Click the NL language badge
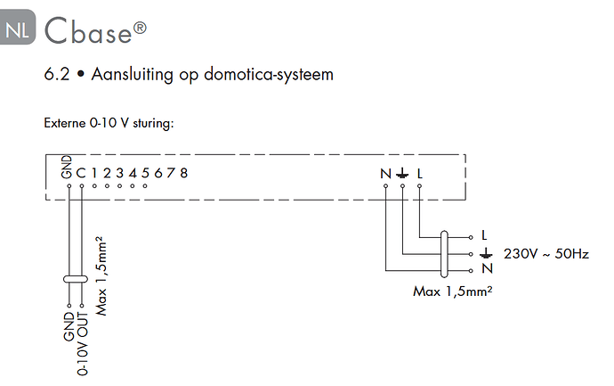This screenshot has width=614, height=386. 18,27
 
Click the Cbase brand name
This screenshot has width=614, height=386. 95,29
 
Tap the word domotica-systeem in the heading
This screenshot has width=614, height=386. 269,74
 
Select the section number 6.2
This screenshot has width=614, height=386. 57,74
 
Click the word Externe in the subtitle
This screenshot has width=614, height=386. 65,123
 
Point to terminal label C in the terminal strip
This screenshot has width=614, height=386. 81,173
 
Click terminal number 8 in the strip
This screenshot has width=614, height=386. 183,173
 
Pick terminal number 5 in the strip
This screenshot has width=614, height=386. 145,173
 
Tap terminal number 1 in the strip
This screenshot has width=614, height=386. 94,173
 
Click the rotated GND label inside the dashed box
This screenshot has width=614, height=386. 67,167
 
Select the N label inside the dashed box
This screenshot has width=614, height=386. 385,173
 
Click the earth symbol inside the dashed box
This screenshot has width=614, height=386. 402,173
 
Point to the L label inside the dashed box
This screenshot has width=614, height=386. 420,173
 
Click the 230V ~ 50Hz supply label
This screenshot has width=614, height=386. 546,254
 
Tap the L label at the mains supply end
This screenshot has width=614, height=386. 484,235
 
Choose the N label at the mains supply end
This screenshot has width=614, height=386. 487,268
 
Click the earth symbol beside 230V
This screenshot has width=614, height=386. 486,253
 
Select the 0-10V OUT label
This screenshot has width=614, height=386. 83,343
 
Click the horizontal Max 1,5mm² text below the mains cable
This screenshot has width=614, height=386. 453,292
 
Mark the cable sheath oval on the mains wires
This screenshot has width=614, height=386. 444,254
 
